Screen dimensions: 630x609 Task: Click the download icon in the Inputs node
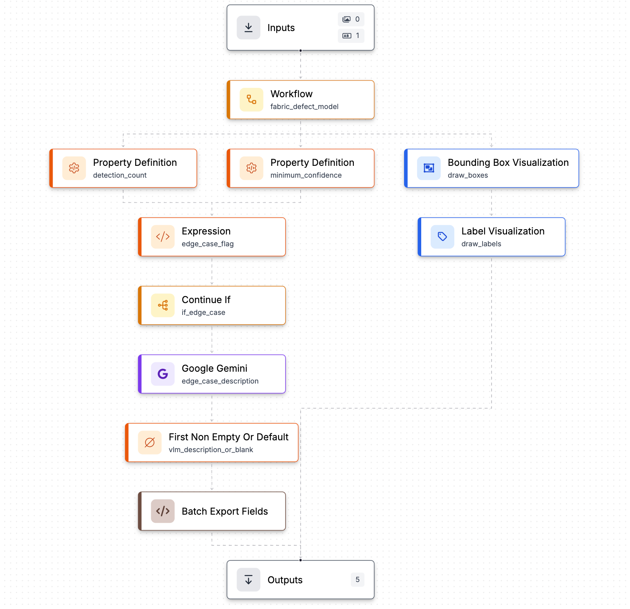(x=248, y=28)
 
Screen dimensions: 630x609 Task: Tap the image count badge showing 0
(x=351, y=19)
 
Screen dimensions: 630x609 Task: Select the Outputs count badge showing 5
(x=357, y=580)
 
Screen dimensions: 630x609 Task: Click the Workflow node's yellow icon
(x=252, y=100)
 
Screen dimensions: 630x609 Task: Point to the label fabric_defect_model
(x=304, y=107)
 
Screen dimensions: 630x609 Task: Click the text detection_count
(x=120, y=175)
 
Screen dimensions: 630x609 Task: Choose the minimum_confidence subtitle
(x=306, y=175)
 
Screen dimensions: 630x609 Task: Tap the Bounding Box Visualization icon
(x=429, y=168)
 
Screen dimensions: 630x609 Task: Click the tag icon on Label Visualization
(x=442, y=237)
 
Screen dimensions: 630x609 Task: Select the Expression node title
(x=206, y=231)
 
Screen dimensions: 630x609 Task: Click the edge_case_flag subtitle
(x=208, y=244)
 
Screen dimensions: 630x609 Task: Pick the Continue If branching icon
(x=163, y=306)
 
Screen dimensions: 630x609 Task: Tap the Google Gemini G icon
(x=163, y=374)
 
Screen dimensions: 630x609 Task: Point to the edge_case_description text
(x=220, y=381)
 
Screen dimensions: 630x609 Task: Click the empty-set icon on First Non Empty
(x=150, y=443)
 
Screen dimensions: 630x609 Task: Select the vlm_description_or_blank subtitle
(x=211, y=450)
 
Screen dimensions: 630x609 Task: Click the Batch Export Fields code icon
(x=163, y=511)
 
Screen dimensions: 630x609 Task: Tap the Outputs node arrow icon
(x=248, y=580)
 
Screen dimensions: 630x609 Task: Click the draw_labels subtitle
(x=481, y=244)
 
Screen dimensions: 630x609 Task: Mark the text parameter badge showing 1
(x=351, y=36)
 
